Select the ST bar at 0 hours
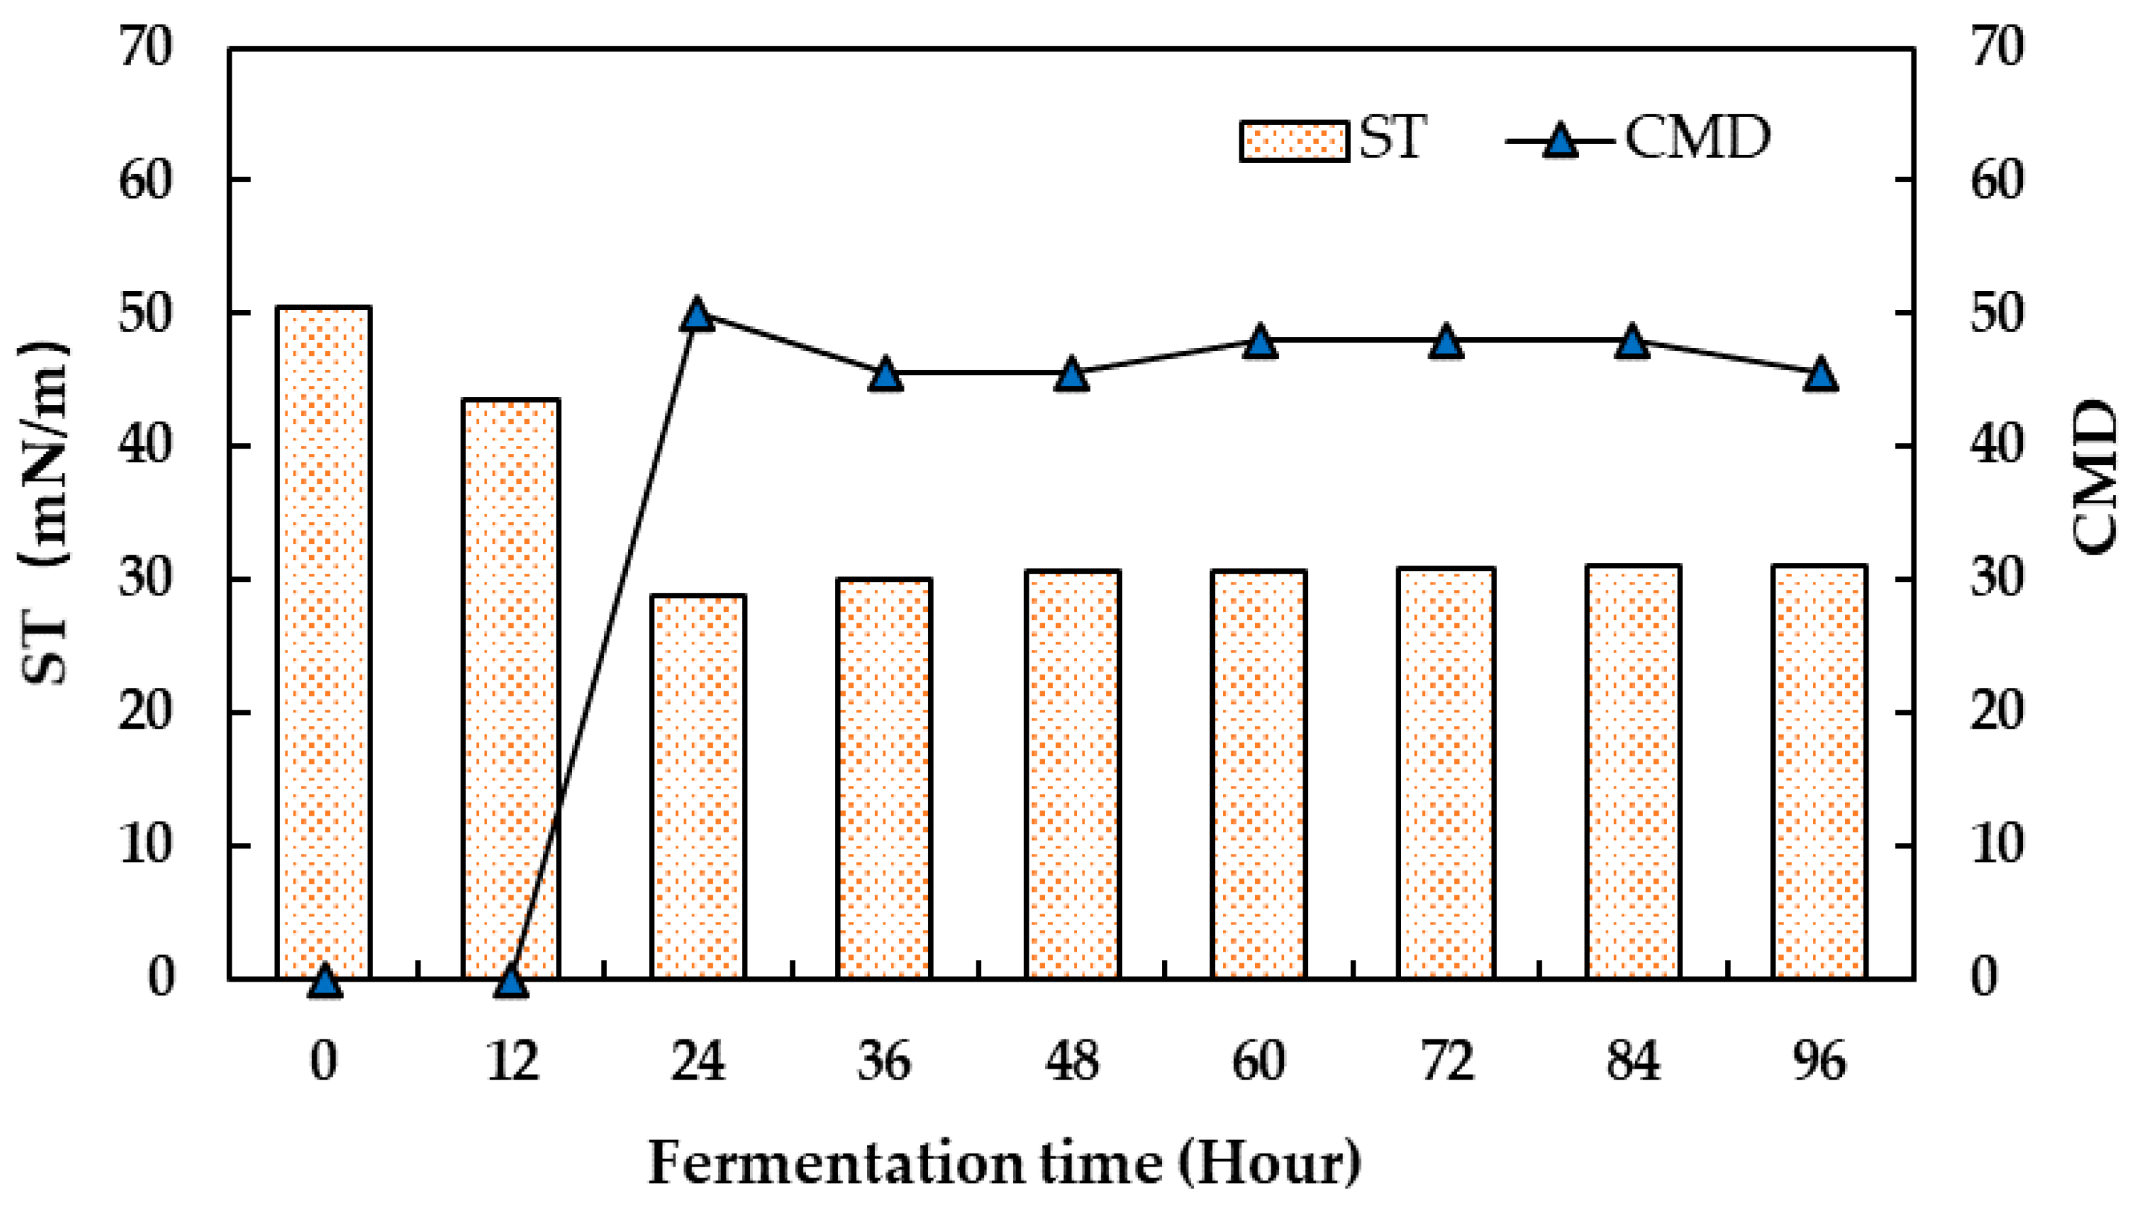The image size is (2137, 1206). click(x=323, y=643)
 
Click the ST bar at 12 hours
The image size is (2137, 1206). click(x=511, y=689)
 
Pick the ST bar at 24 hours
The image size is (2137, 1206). click(x=698, y=787)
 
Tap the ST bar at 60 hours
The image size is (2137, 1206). click(x=1259, y=774)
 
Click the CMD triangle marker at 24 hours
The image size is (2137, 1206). click(x=698, y=315)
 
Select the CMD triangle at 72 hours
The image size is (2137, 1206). click(x=1447, y=342)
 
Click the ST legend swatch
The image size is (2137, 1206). click(x=1293, y=141)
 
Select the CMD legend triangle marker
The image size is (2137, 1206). click(x=1561, y=141)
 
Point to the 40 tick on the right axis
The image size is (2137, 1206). click(x=1996, y=447)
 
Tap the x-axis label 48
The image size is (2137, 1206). click(x=1073, y=1062)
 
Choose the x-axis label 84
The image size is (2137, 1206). click(x=1633, y=1062)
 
